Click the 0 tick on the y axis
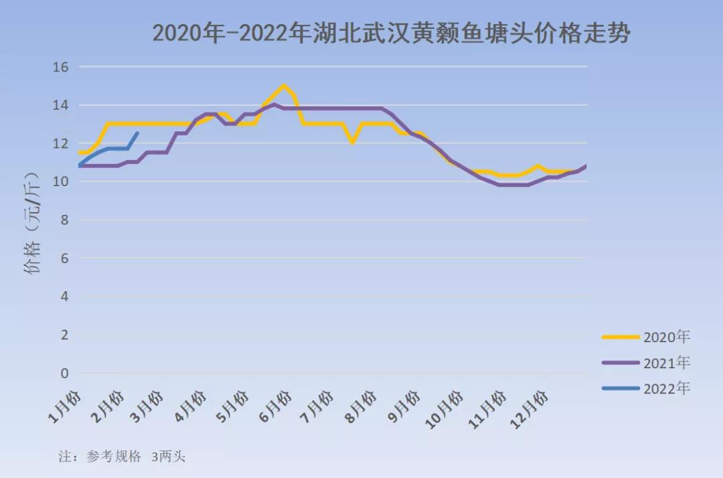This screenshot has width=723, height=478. pyautogui.click(x=65, y=373)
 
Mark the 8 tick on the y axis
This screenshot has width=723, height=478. pyautogui.click(x=65, y=220)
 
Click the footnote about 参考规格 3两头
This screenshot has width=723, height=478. pyautogui.click(x=122, y=457)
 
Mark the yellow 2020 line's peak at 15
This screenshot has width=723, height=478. pyautogui.click(x=284, y=86)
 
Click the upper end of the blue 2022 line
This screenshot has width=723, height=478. pyautogui.click(x=137, y=133)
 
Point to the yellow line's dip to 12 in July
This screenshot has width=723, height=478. pyautogui.click(x=352, y=143)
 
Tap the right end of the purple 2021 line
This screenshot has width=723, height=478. pyautogui.click(x=586, y=165)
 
